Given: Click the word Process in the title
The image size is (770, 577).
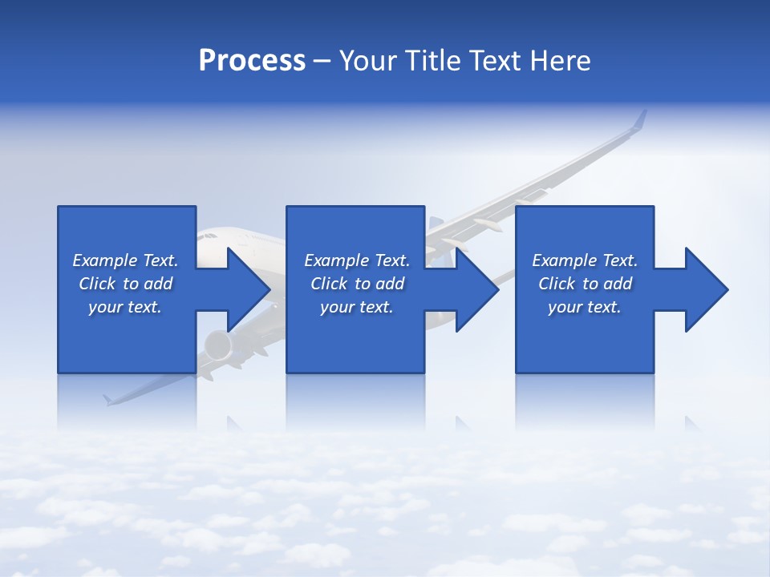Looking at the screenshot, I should [x=252, y=61].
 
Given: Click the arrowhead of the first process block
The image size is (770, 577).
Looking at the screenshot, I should [x=248, y=289].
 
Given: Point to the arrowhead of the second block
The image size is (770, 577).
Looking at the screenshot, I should [x=476, y=289].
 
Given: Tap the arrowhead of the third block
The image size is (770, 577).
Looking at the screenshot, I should [x=706, y=289].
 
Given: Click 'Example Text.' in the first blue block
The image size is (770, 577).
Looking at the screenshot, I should [x=125, y=260].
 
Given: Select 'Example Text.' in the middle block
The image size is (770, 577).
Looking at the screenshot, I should [x=357, y=260].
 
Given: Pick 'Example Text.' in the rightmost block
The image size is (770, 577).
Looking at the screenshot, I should [x=585, y=260].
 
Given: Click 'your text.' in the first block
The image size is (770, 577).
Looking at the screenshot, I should [x=125, y=307].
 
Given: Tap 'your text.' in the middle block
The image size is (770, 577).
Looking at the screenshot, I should [x=357, y=307].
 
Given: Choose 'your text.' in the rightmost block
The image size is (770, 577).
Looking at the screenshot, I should [x=585, y=307].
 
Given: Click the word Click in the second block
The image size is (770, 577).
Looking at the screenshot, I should [x=329, y=284].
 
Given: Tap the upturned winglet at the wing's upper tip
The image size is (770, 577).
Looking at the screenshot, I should [x=639, y=120].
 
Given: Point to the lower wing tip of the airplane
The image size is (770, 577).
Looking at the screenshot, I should [x=108, y=399].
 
